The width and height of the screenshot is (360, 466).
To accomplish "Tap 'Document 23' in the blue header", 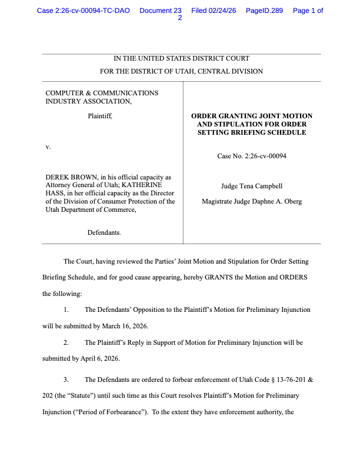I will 161,11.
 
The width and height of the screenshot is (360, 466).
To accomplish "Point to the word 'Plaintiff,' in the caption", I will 100,116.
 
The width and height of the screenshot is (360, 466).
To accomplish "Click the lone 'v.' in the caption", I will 48,147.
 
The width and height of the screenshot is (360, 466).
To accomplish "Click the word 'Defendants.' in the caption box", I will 104,233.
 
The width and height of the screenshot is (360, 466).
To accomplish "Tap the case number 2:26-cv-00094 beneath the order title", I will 265,157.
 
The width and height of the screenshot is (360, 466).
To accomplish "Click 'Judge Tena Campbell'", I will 251,187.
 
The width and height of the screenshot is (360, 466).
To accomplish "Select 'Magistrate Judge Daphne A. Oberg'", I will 252,202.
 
